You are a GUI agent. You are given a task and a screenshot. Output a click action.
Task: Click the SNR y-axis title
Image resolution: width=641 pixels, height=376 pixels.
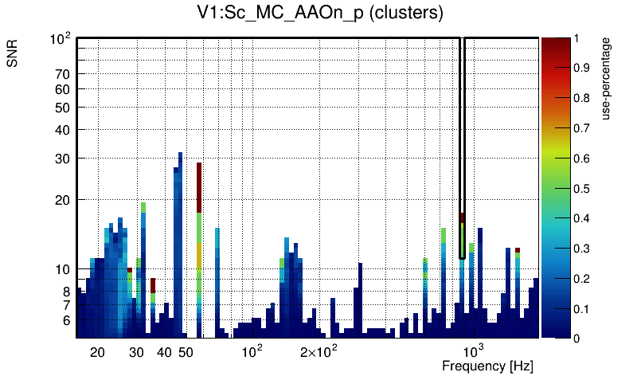pyautogui.click(x=14, y=55)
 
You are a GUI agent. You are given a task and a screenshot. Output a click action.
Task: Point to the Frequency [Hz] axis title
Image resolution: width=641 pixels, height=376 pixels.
pyautogui.click(x=487, y=366)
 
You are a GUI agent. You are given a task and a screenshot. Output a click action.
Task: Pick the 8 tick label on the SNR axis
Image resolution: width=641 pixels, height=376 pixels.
pyautogui.click(x=68, y=292)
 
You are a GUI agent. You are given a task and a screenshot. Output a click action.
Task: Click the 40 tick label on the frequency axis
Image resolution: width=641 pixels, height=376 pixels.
pyautogui.click(x=164, y=352)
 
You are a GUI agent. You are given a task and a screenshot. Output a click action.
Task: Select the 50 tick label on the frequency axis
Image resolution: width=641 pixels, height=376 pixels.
pyautogui.click(x=186, y=352)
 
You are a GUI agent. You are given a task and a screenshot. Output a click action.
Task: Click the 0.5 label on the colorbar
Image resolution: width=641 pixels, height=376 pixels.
pyautogui.click(x=581, y=189)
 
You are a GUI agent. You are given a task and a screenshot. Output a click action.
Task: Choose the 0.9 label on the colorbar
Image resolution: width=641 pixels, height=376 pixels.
pyautogui.click(x=581, y=69)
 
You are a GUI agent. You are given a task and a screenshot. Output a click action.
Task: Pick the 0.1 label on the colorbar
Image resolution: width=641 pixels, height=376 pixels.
pyautogui.click(x=581, y=309)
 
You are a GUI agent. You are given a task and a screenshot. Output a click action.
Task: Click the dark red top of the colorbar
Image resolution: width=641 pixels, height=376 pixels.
pyautogui.click(x=556, y=44)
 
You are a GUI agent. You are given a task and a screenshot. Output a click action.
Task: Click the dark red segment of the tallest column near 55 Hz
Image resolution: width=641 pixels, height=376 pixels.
pyautogui.click(x=199, y=187)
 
